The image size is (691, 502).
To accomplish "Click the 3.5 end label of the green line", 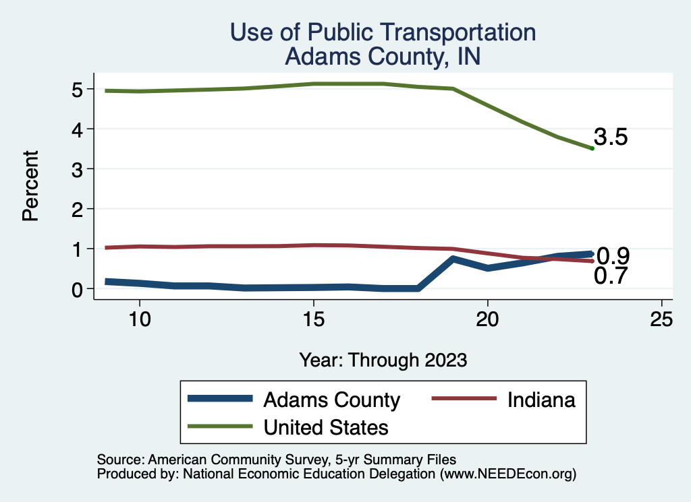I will (x=611, y=137).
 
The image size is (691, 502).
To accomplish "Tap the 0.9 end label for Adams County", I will (x=613, y=256).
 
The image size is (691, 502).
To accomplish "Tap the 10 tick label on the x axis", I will (x=139, y=319).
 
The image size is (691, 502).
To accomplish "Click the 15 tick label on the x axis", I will (x=313, y=319).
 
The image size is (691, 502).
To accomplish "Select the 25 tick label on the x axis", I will (x=661, y=319).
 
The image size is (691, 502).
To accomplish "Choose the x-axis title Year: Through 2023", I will (x=383, y=360).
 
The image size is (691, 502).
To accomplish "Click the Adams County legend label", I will (x=331, y=400).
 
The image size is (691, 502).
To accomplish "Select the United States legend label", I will (x=326, y=427).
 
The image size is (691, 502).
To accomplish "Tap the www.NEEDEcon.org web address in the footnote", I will (x=508, y=474).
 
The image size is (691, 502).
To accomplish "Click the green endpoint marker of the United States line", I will (x=592, y=148).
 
